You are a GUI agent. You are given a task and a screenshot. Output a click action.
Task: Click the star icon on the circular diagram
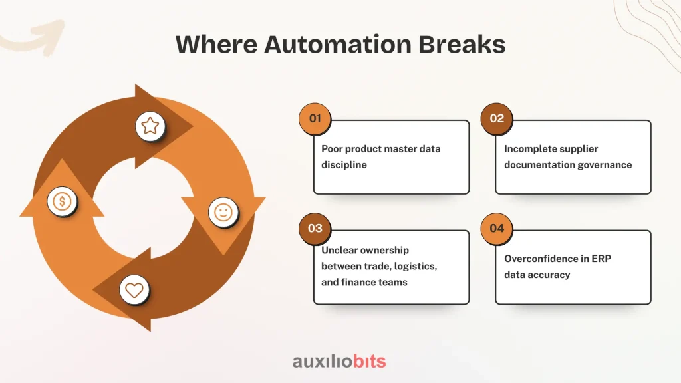point(150,126)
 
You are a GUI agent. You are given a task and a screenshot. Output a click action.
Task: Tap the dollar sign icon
point(62,201)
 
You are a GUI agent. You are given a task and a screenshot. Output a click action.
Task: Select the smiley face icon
point(223,213)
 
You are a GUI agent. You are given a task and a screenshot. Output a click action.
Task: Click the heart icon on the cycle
point(134,290)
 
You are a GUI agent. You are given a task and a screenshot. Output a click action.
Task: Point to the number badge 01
point(315,119)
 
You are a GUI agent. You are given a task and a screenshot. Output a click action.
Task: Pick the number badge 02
point(497,119)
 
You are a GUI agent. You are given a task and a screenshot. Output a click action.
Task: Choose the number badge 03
point(315,229)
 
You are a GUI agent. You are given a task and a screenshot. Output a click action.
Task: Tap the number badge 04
point(497,229)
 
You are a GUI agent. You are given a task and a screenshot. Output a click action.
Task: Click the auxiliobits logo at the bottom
point(339,362)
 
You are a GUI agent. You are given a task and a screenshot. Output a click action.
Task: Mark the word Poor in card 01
point(333,149)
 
